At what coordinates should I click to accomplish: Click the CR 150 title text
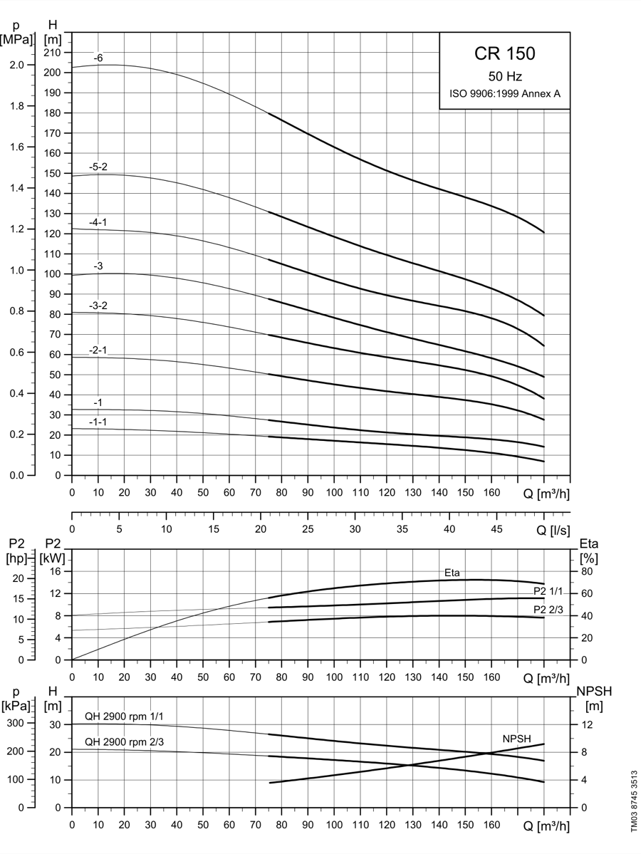click(505, 53)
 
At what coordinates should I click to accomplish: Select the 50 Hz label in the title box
click(505, 77)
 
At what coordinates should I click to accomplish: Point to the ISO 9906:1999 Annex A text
click(505, 94)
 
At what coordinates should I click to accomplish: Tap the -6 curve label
click(98, 58)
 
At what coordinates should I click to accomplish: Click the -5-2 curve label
click(98, 167)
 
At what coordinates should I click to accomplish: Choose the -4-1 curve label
click(98, 222)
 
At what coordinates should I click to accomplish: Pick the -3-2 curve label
click(98, 306)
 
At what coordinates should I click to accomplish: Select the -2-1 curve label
click(98, 350)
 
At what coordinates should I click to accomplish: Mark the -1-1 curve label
click(98, 422)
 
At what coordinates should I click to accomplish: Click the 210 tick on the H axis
click(53, 52)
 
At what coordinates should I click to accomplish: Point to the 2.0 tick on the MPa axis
click(17, 66)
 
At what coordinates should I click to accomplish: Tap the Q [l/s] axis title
click(553, 530)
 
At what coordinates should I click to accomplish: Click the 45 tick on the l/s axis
click(496, 528)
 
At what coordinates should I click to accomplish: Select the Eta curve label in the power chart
click(452, 573)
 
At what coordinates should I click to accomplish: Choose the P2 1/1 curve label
click(548, 592)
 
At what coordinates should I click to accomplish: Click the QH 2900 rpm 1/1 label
click(124, 717)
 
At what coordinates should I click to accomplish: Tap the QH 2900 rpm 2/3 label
click(124, 741)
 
